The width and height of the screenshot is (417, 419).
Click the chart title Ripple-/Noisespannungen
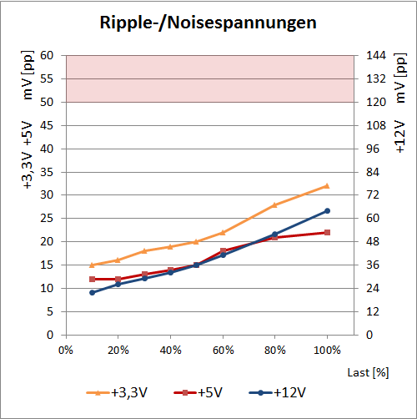click(x=208, y=23)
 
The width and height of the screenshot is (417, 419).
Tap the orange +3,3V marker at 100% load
click(x=327, y=186)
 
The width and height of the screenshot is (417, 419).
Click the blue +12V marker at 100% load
click(x=327, y=211)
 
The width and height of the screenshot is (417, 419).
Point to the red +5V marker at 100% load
click(x=327, y=232)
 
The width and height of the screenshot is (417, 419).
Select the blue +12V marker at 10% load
click(x=92, y=292)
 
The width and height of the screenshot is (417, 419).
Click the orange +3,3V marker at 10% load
click(x=92, y=265)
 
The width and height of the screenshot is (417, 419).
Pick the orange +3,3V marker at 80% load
click(x=274, y=204)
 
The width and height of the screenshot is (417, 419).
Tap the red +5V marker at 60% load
click(x=223, y=250)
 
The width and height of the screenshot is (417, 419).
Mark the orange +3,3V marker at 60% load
click(x=223, y=232)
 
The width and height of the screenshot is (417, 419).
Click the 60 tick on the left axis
click(x=48, y=56)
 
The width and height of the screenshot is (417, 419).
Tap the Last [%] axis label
click(x=369, y=371)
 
